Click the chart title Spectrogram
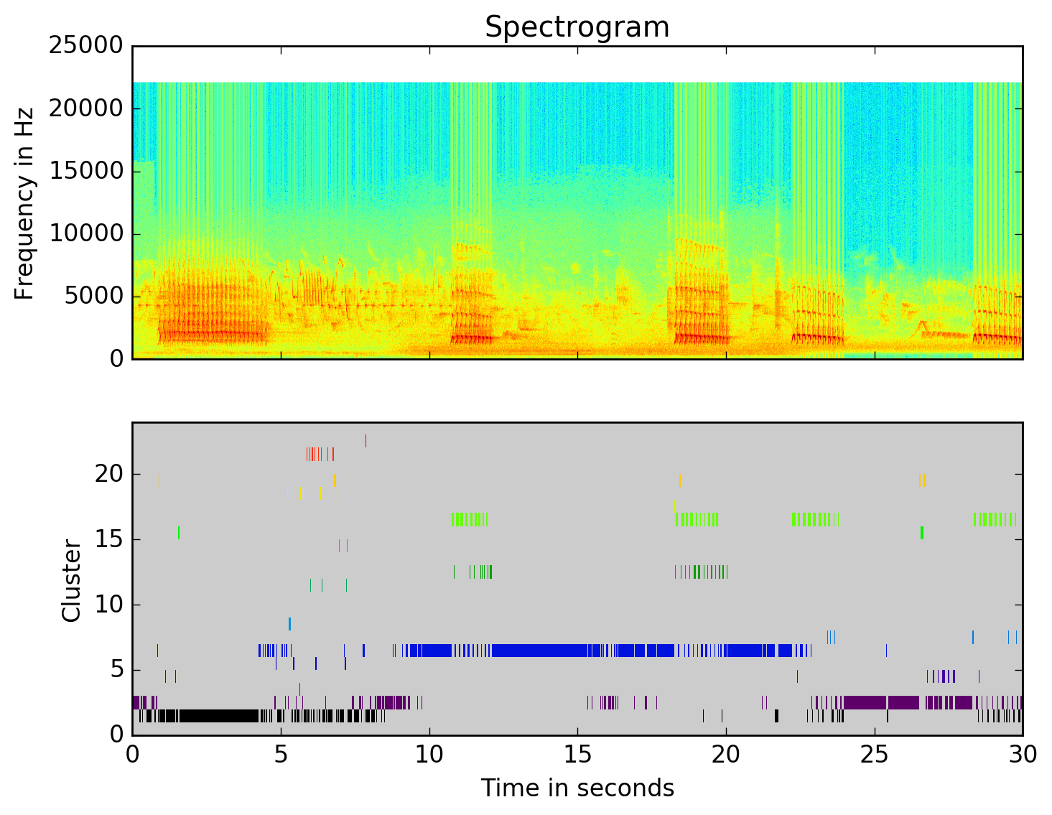[x=577, y=27]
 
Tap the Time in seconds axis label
[x=577, y=788]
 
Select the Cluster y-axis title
[x=71, y=580]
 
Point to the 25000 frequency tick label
[x=85, y=46]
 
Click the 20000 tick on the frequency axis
[x=85, y=108]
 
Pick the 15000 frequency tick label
[x=85, y=171]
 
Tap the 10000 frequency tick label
[x=85, y=234]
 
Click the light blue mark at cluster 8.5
[x=289, y=623]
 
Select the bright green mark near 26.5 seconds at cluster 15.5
[x=922, y=533]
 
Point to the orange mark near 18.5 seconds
[x=679, y=480]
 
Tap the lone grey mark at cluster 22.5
[x=366, y=441]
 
